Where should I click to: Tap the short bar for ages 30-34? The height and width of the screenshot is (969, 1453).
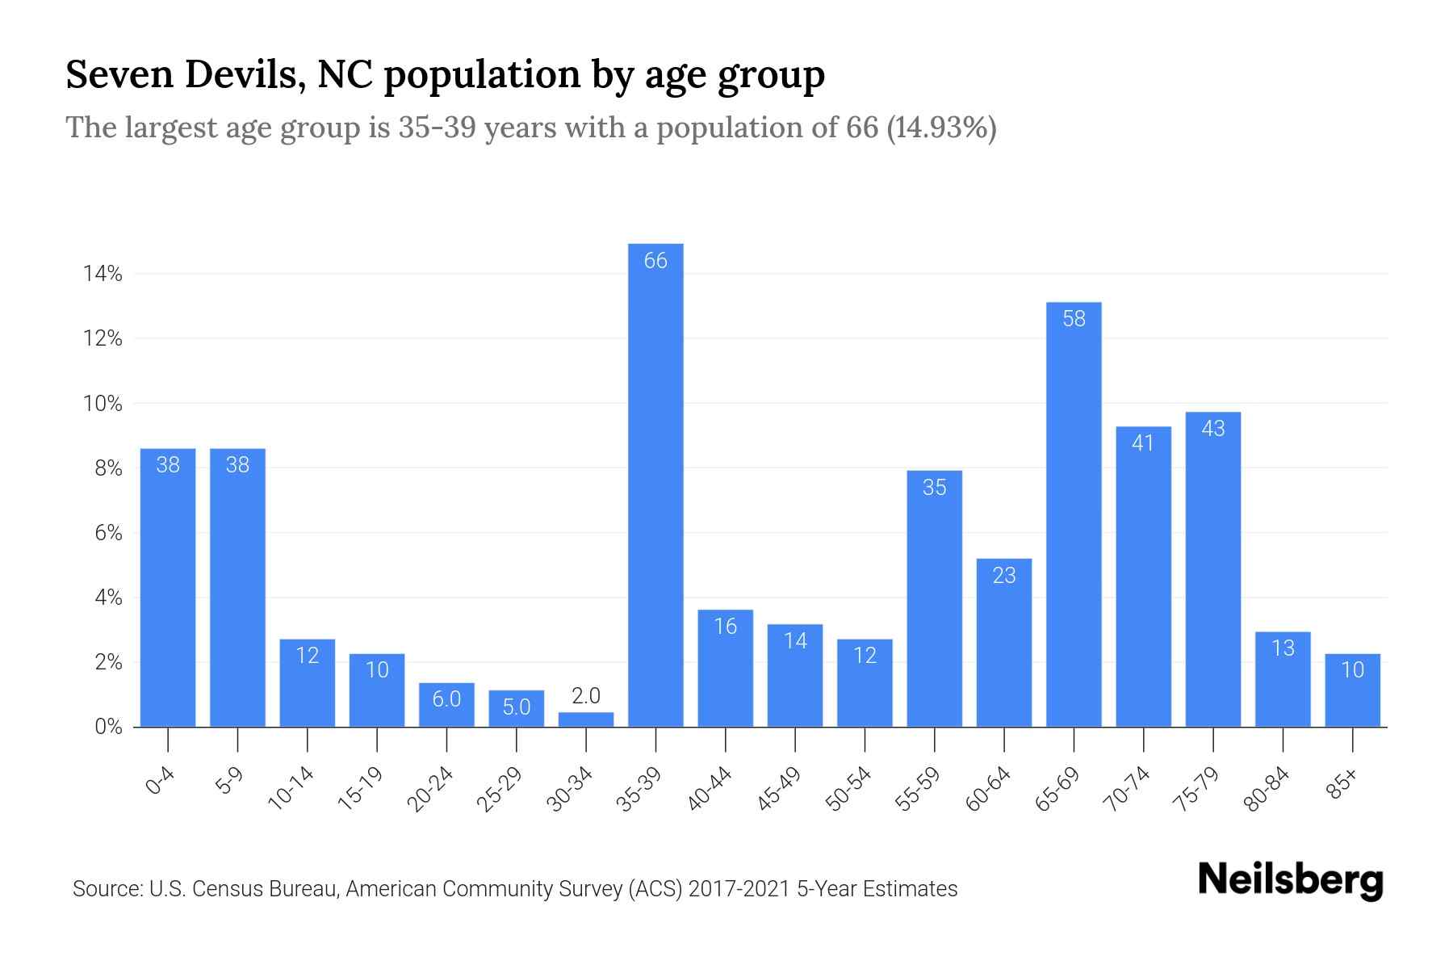pyautogui.click(x=586, y=719)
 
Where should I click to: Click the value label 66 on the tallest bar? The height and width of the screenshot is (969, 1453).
pyautogui.click(x=655, y=261)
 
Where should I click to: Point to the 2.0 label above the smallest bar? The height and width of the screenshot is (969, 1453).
pyautogui.click(x=586, y=696)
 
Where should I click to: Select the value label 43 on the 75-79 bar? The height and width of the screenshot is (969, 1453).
pyautogui.click(x=1213, y=429)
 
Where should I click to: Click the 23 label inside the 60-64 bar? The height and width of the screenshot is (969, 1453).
pyautogui.click(x=1004, y=576)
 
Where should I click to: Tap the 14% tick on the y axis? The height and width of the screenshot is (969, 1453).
pyautogui.click(x=103, y=275)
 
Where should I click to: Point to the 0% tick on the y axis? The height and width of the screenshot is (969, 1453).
pyautogui.click(x=107, y=727)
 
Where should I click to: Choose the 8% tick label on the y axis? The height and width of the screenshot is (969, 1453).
pyautogui.click(x=107, y=468)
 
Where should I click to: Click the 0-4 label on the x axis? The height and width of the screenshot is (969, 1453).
pyautogui.click(x=161, y=782)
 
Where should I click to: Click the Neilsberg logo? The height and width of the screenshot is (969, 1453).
pyautogui.click(x=1290, y=881)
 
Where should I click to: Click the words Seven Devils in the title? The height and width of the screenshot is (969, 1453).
pyautogui.click(x=185, y=75)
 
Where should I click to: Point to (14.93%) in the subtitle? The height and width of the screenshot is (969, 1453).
pyautogui.click(x=941, y=128)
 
